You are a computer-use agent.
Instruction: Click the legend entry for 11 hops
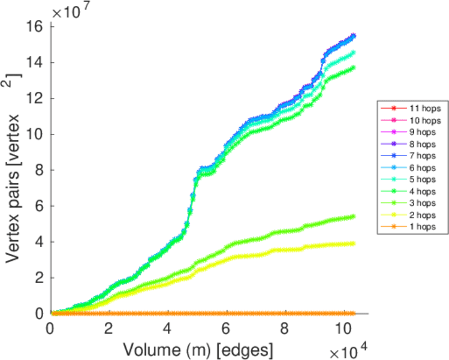tap(413, 109)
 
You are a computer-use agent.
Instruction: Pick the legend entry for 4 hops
tap(413, 191)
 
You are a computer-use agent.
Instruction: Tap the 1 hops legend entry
tap(413, 227)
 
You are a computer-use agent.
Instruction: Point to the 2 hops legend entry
tap(413, 215)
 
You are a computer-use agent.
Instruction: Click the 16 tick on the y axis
tap(37, 27)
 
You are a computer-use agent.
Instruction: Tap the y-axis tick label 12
tap(37, 98)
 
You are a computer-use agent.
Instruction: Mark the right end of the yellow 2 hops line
tap(353, 243)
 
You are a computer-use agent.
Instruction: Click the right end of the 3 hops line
tap(353, 216)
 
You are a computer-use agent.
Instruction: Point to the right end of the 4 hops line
tap(353, 67)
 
